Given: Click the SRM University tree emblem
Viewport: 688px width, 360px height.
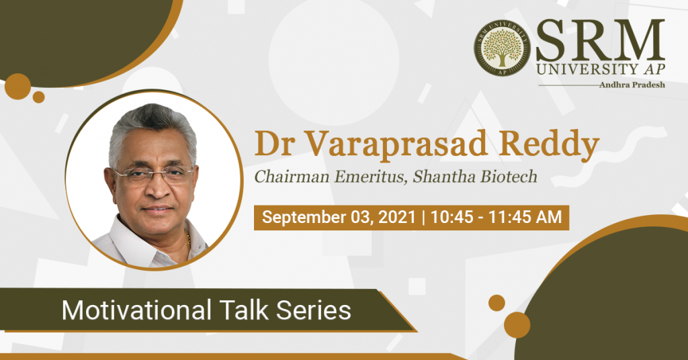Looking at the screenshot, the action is (502, 48).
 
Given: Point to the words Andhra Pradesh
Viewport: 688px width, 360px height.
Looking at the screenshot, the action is (632, 85).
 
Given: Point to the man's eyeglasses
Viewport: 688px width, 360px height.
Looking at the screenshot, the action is (153, 175).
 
